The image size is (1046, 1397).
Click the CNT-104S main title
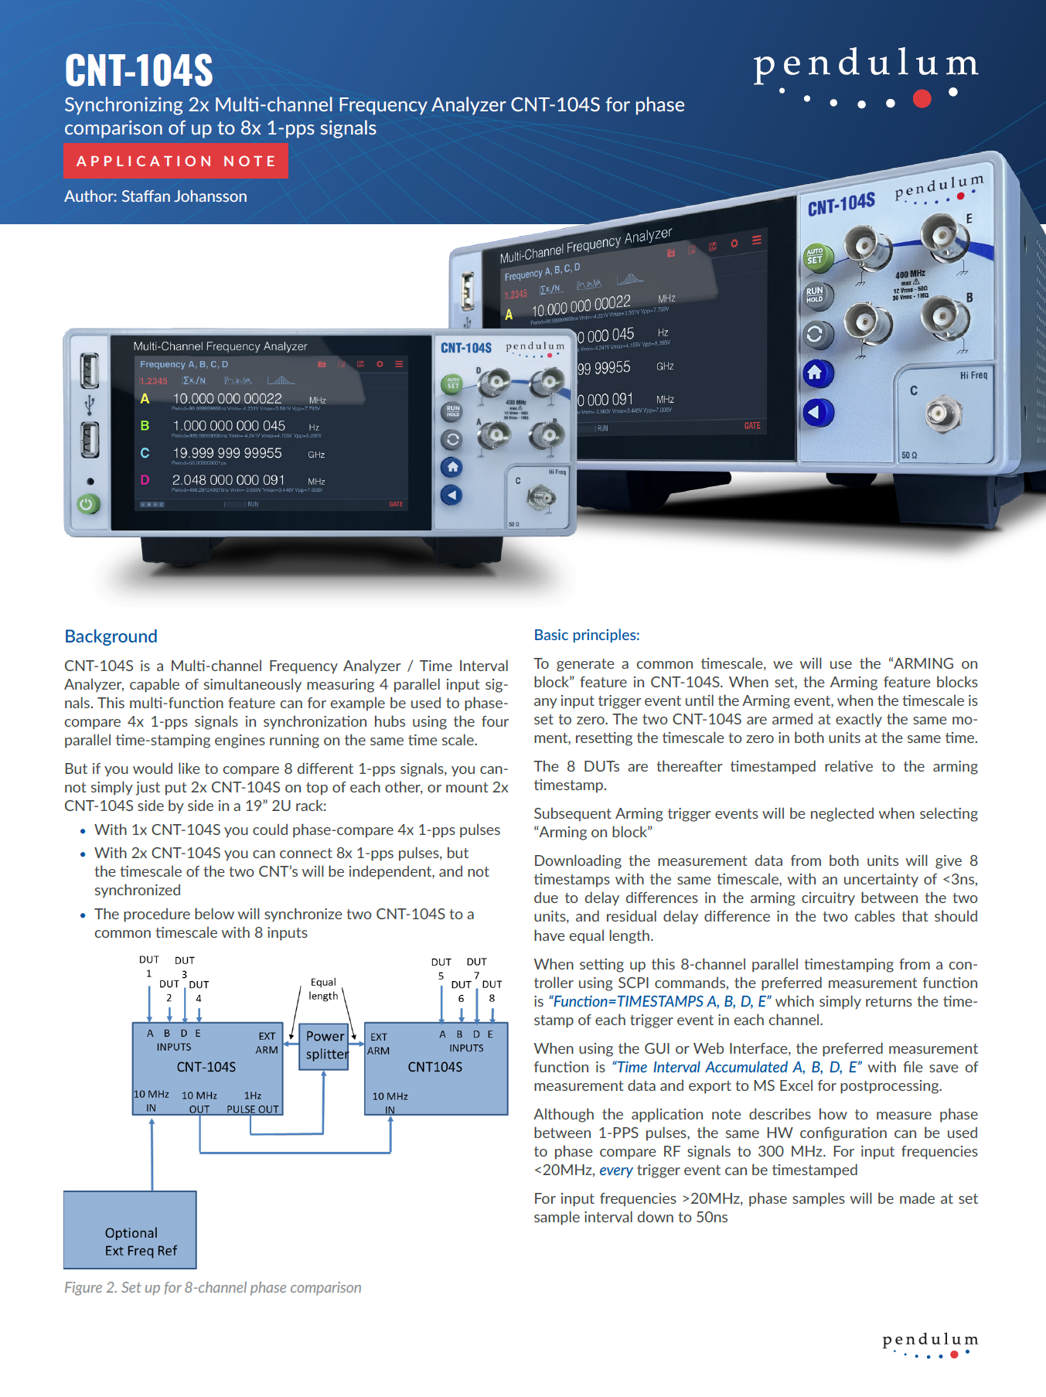point(138,70)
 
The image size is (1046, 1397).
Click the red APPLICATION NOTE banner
point(175,162)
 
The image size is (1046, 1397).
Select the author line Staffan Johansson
point(155,196)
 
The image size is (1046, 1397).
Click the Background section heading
point(111,636)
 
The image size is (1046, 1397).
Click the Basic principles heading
point(586,635)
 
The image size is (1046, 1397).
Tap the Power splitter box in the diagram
point(325,1045)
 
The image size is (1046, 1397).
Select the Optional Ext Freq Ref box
point(130,1230)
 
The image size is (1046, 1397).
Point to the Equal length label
point(323,989)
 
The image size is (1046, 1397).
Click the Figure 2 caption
point(213,1287)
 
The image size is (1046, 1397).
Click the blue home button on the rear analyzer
point(816,374)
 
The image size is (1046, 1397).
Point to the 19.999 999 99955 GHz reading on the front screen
point(227,453)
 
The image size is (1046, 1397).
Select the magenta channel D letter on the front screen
point(145,480)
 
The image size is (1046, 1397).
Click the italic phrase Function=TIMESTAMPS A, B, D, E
point(659,1001)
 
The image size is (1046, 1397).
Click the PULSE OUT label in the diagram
point(253,1109)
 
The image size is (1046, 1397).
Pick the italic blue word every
point(615,1170)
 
